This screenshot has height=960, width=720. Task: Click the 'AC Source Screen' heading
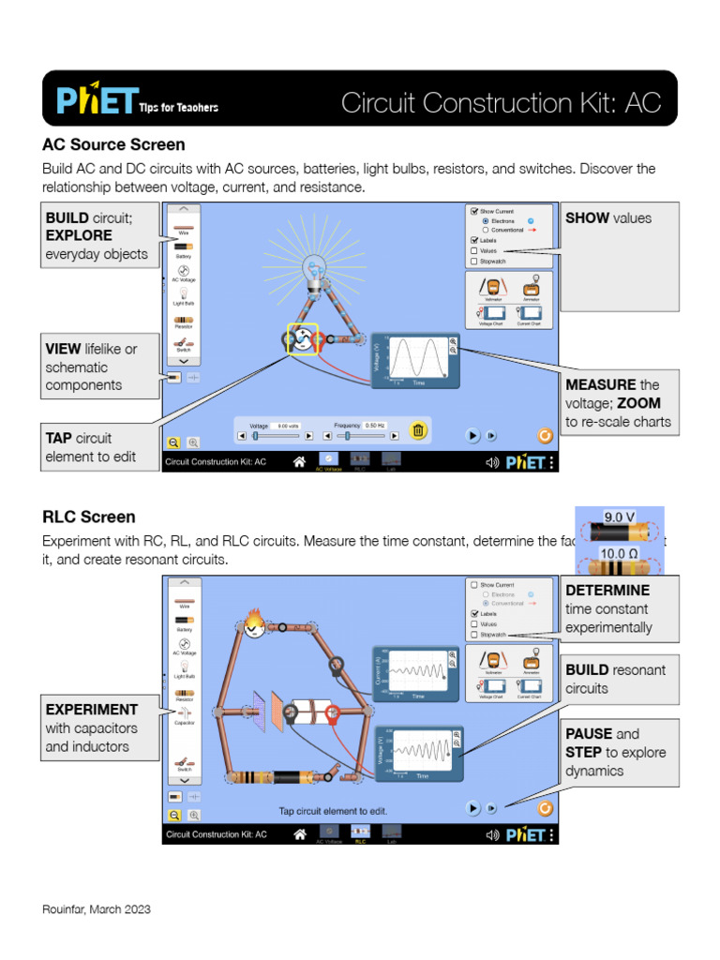point(113,144)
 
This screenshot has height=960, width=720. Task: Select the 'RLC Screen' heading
point(88,517)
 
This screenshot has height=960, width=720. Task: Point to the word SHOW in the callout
point(587,218)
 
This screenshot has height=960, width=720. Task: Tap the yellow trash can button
point(419,430)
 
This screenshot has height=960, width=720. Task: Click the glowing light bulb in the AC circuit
point(312,272)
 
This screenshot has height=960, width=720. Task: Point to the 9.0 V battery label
point(620,517)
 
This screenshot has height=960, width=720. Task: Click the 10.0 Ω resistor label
point(619,554)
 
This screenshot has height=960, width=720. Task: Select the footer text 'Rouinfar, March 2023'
point(97,909)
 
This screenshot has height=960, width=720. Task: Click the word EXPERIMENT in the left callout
point(92,710)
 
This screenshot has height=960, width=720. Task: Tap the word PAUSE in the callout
point(589,734)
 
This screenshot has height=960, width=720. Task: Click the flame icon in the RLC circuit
point(253,623)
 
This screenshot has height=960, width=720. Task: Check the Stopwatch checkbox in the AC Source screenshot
point(474,262)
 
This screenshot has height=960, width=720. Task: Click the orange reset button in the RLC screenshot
point(545,807)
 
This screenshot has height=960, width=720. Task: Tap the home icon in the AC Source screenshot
point(299,462)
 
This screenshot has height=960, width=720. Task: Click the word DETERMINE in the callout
point(607,591)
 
